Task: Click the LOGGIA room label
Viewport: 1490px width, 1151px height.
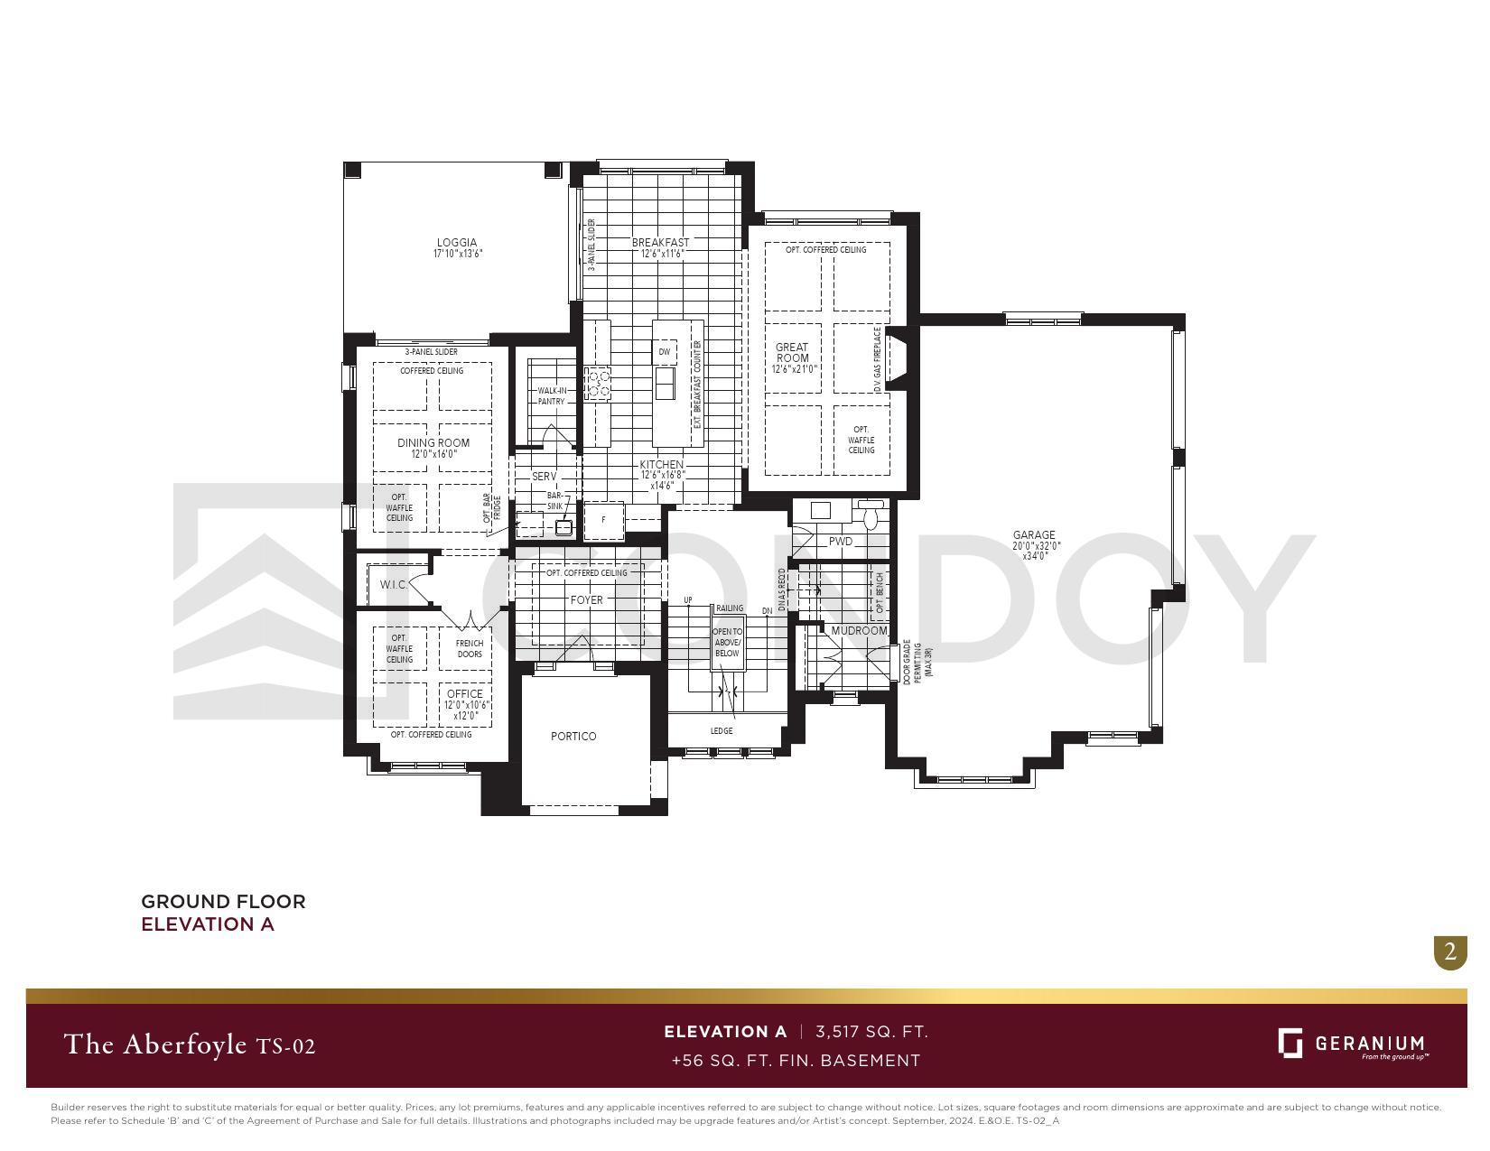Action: pos(457,243)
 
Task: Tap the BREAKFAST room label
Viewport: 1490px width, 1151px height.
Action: pos(660,243)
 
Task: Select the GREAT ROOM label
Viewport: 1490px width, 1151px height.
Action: pos(792,353)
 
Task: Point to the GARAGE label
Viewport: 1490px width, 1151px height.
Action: pos(1034,535)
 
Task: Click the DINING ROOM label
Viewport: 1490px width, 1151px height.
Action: pos(433,442)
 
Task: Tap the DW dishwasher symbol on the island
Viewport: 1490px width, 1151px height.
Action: pos(665,352)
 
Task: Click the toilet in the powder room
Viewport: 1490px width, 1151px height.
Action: pos(871,516)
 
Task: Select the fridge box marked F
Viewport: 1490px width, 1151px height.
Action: pos(604,520)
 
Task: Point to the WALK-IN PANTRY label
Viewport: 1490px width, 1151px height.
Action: pos(552,396)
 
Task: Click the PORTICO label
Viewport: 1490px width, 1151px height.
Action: pos(573,736)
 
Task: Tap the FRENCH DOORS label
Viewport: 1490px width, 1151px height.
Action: pos(470,648)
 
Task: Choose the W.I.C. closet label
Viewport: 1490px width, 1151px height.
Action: pos(394,585)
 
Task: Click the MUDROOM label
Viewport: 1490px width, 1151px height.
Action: pos(859,630)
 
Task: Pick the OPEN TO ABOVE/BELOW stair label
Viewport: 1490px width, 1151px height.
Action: pos(727,643)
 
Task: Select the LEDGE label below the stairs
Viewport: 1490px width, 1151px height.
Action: pos(722,730)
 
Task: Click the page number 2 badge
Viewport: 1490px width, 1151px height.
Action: pos(1450,951)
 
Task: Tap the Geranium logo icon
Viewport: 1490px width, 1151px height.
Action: pos(1290,1043)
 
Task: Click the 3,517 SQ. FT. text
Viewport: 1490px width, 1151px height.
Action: pos(871,1032)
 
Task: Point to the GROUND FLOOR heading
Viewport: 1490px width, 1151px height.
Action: pos(223,901)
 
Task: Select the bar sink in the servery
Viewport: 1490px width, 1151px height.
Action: pos(563,527)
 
